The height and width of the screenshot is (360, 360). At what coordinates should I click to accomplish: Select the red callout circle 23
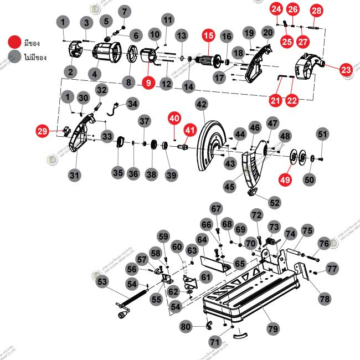click(x=346, y=70)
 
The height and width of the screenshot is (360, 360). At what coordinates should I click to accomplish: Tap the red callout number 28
click(x=316, y=11)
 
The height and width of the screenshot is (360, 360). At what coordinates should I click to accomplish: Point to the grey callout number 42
click(x=201, y=104)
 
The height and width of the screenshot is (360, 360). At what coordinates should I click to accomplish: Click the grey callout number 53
click(x=102, y=282)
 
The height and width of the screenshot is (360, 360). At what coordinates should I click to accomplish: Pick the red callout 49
click(x=285, y=180)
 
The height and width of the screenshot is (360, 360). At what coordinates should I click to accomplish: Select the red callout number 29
click(x=42, y=131)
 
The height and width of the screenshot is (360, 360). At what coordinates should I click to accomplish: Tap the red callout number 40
click(x=174, y=118)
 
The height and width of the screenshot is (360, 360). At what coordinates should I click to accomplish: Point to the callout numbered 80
click(x=185, y=327)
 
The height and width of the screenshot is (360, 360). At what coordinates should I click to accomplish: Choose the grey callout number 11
click(x=168, y=20)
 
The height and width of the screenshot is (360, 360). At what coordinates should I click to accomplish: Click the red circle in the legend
click(x=14, y=42)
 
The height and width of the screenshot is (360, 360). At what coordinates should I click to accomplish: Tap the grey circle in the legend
click(x=14, y=56)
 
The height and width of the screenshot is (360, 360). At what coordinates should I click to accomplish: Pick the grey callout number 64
click(x=202, y=240)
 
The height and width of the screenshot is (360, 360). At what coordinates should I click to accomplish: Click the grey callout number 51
click(x=322, y=133)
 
